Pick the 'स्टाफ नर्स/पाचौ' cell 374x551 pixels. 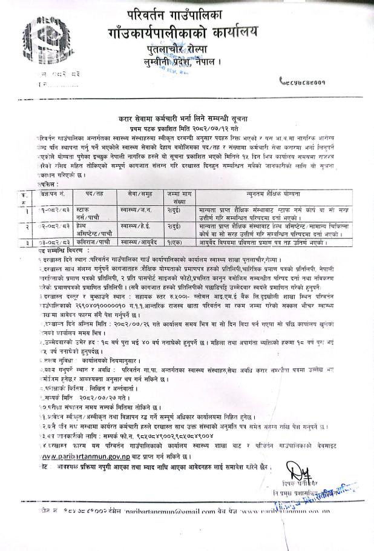tap(88, 214)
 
